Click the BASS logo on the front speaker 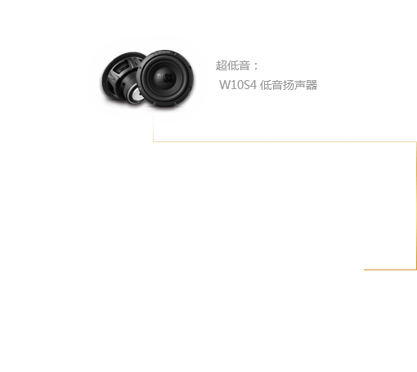click(x=165, y=78)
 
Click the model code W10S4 click(x=238, y=85)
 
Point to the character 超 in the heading click(x=221, y=65)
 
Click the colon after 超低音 click(x=255, y=66)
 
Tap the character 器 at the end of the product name click(x=312, y=85)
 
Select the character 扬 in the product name click(x=289, y=85)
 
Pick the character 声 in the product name click(x=300, y=85)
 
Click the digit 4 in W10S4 click(x=253, y=85)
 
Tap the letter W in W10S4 click(x=224, y=85)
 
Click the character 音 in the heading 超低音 click(x=244, y=65)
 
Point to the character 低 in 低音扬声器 click(x=266, y=85)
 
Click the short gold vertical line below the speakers click(x=153, y=128)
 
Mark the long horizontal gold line click(x=285, y=141)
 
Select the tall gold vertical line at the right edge click(x=416, y=206)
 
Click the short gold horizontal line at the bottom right click(x=390, y=270)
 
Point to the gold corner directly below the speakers click(x=153, y=141)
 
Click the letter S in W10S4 click(x=246, y=85)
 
